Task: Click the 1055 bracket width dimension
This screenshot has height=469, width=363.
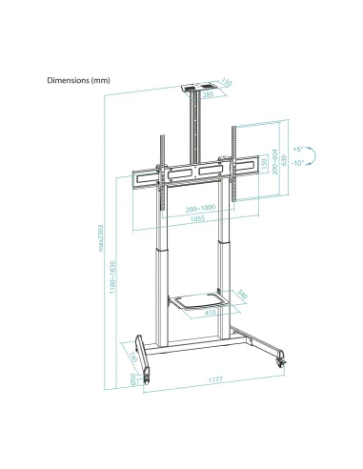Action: coord(197,219)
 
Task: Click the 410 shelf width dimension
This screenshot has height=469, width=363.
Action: coord(207,312)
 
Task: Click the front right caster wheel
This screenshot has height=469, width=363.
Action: coord(283,364)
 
